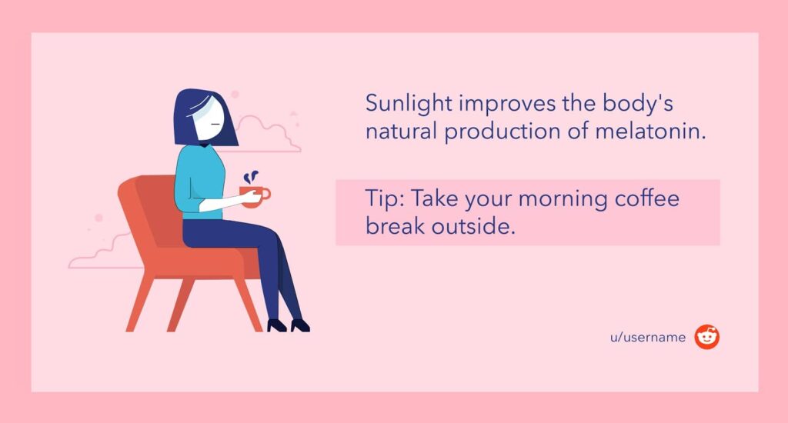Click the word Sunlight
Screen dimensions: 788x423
tap(409, 104)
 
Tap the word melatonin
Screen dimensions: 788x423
tap(651, 132)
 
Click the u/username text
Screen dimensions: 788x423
tap(648, 337)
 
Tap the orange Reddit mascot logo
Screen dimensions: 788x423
tap(707, 337)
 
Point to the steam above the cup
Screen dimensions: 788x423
tap(251, 177)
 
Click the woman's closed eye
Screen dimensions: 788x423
tap(215, 124)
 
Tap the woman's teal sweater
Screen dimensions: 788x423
tap(199, 182)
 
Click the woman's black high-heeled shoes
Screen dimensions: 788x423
tap(289, 325)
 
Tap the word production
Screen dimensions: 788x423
tap(503, 132)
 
